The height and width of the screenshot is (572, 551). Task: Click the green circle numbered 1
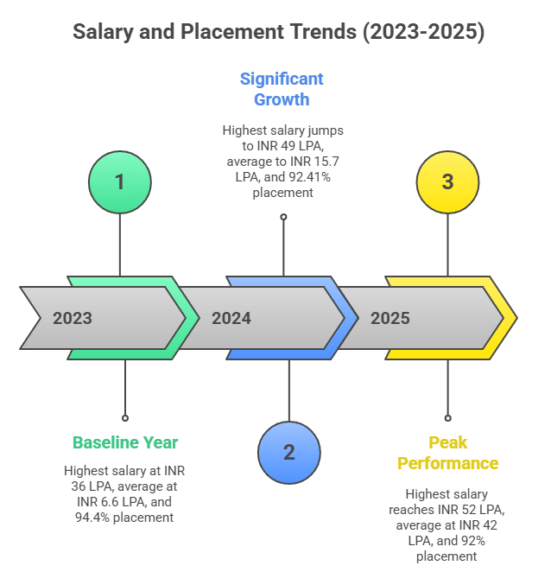[x=120, y=182]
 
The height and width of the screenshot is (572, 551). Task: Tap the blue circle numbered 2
[x=288, y=453]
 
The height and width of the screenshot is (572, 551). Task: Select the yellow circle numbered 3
[x=447, y=182]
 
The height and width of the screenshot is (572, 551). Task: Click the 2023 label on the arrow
[x=73, y=318]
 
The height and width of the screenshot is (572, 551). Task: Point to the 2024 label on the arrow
[x=231, y=318]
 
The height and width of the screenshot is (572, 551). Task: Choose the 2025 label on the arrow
[x=390, y=318]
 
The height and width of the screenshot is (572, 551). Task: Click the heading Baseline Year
[x=125, y=443]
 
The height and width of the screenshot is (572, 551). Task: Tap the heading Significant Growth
[x=282, y=89]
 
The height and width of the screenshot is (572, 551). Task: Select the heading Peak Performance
[x=447, y=453]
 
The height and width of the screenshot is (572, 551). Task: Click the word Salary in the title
[x=102, y=33]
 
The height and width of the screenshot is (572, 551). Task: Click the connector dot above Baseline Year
[x=125, y=417]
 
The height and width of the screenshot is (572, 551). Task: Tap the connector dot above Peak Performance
[x=447, y=417]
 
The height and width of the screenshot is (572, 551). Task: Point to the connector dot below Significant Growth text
[x=282, y=217]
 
